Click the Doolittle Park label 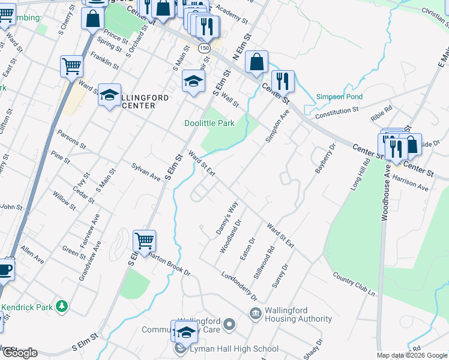tap(209, 123)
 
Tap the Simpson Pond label tap(340, 97)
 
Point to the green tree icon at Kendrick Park tap(61, 307)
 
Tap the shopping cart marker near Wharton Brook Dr tap(145, 241)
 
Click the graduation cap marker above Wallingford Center tap(110, 95)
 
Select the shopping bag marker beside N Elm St tap(256, 62)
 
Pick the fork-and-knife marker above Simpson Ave tap(282, 81)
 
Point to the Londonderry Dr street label tap(239, 287)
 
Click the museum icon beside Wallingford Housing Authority tap(255, 313)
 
